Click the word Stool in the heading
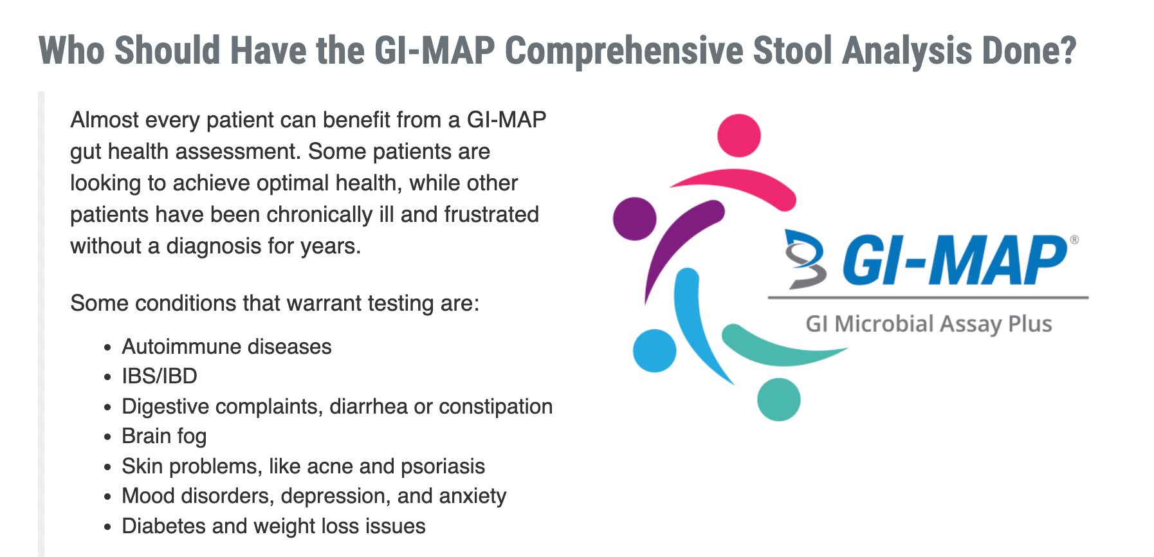click(792, 51)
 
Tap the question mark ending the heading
click(1068, 51)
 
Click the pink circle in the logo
click(739, 136)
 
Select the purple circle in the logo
click(635, 219)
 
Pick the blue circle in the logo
click(655, 351)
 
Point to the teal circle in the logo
click(779, 399)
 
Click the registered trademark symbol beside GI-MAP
click(1074, 240)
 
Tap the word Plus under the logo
click(1030, 324)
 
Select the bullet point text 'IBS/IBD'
click(160, 376)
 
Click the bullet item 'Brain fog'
click(164, 436)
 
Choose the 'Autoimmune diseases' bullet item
click(226, 347)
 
